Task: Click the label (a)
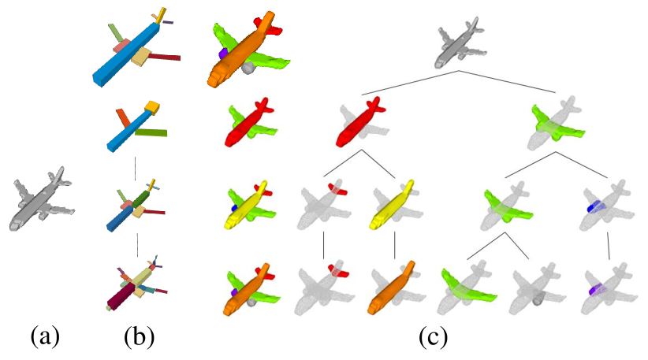pyautogui.click(x=45, y=338)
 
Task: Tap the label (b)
pyautogui.click(x=139, y=338)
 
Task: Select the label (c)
pyautogui.click(x=433, y=338)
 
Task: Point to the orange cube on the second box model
pyautogui.click(x=153, y=106)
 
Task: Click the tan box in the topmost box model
pyautogui.click(x=141, y=57)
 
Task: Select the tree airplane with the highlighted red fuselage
pyautogui.click(x=359, y=122)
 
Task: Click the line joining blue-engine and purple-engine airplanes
pyautogui.click(x=608, y=245)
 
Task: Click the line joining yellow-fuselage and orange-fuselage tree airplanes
pyautogui.click(x=394, y=245)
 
